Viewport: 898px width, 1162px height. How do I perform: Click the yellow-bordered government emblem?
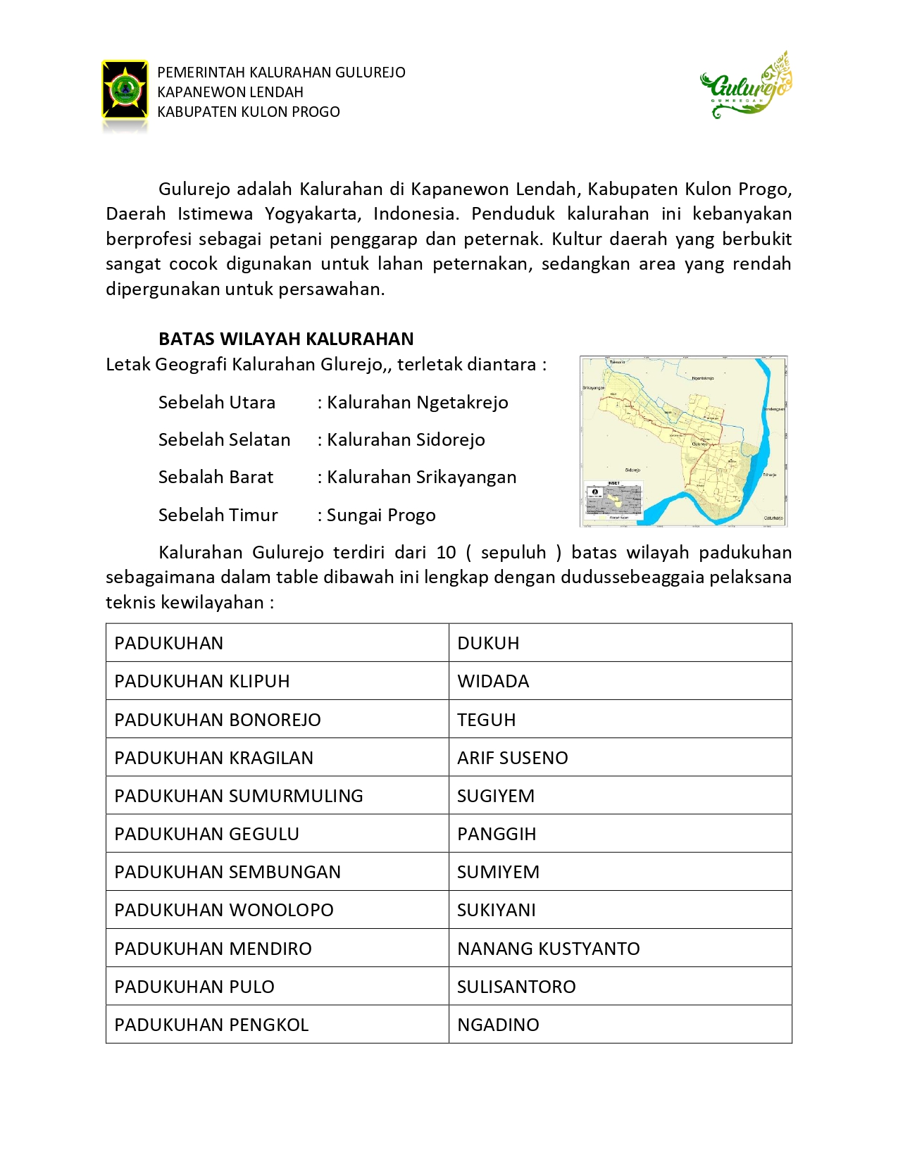pyautogui.click(x=125, y=89)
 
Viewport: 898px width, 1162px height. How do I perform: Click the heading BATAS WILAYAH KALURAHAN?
pyautogui.click(x=286, y=339)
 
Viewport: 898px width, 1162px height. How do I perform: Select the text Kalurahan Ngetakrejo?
pyautogui.click(x=417, y=402)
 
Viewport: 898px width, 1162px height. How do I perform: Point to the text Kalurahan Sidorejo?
pyautogui.click(x=406, y=439)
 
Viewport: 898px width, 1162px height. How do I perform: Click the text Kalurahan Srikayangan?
pyautogui.click(x=421, y=477)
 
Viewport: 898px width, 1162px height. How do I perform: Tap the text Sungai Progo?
pyautogui.click(x=381, y=515)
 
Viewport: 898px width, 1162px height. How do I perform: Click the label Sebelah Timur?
pyautogui.click(x=218, y=515)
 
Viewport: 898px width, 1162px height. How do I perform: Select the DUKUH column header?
pyautogui.click(x=488, y=643)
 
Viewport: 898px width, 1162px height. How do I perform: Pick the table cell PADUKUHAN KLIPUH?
pyautogui.click(x=202, y=681)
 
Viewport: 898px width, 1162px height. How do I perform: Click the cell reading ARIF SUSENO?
pyautogui.click(x=512, y=758)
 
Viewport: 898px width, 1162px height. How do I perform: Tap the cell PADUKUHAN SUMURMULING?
pyautogui.click(x=239, y=796)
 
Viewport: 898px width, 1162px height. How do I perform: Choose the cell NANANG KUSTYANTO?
pyautogui.click(x=548, y=949)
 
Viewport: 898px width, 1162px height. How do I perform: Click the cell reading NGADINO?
pyautogui.click(x=498, y=1025)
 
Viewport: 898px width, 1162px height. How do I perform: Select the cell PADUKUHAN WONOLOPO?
pyautogui.click(x=224, y=910)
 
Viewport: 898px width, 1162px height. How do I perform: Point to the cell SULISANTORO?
pyautogui.click(x=516, y=987)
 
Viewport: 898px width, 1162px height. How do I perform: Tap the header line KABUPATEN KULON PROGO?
pyautogui.click(x=249, y=112)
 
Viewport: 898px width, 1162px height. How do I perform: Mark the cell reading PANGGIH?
pyautogui.click(x=497, y=834)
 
